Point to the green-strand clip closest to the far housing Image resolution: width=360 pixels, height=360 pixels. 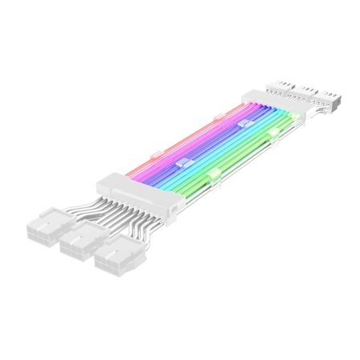click(x=273, y=133)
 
